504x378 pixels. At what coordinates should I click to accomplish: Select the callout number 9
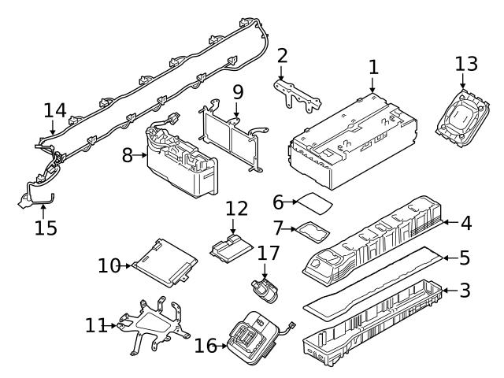click(238, 92)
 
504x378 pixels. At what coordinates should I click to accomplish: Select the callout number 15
click(46, 228)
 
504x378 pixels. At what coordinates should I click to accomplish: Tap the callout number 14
click(55, 110)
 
